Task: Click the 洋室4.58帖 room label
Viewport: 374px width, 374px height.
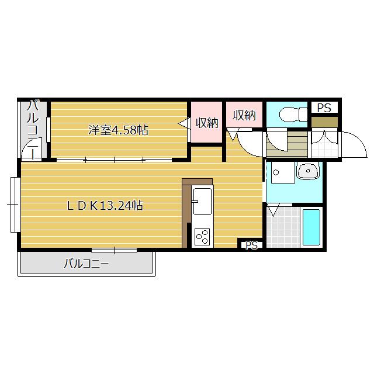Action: click(118, 130)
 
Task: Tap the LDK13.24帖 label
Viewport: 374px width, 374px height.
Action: click(105, 205)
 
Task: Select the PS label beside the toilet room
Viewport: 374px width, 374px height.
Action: click(324, 108)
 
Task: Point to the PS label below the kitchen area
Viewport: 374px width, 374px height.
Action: click(252, 245)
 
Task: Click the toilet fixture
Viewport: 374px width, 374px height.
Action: click(293, 114)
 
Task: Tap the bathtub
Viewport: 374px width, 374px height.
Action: click(311, 227)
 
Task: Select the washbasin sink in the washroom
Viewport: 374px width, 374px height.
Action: click(308, 171)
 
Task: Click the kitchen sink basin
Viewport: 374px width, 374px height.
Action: click(202, 201)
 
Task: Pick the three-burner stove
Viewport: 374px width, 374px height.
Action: click(202, 237)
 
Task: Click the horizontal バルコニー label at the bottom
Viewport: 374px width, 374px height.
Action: click(86, 264)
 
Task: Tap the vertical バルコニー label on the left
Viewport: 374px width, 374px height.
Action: click(33, 130)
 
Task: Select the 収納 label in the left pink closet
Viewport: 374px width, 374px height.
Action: click(207, 123)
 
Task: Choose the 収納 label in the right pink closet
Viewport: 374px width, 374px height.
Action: click(244, 115)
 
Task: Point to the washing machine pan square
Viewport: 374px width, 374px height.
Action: click(283, 172)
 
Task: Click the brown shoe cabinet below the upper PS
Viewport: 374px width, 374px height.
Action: click(324, 122)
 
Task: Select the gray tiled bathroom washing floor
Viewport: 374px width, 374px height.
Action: click(283, 227)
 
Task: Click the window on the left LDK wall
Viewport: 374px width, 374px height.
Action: click(15, 205)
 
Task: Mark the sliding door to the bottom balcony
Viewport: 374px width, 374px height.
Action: click(115, 250)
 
